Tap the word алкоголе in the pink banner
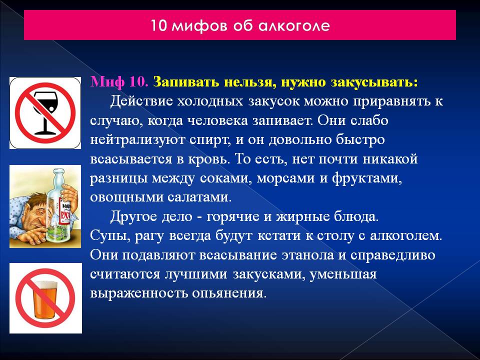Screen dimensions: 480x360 point(294,25)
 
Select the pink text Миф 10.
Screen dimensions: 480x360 point(119,82)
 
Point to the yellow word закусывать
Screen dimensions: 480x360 point(374,82)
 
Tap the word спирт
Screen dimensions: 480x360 point(209,140)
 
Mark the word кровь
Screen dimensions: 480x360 point(210,159)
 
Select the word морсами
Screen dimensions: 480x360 point(285,178)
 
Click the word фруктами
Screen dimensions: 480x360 point(367,178)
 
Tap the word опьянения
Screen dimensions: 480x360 point(229,293)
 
